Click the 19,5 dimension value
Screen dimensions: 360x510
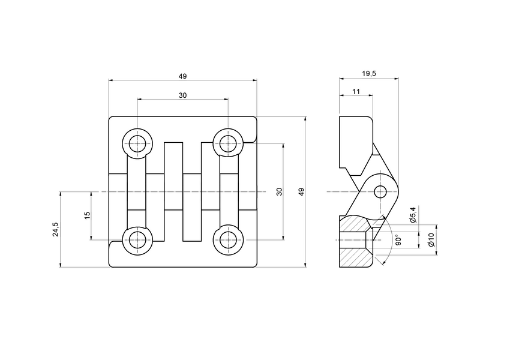(369, 73)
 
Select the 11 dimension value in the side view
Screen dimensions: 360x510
(356, 91)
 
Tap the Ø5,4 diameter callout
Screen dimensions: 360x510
(413, 215)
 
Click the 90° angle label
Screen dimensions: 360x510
(398, 240)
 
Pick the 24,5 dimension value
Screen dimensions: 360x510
(56, 229)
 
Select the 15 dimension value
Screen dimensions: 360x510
(87, 215)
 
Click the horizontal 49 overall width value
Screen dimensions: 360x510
(182, 76)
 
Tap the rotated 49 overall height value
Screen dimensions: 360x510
(301, 192)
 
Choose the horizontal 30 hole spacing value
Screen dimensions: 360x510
(182, 95)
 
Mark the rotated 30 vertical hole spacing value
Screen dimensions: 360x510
(279, 192)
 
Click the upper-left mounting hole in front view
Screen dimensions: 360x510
(137, 143)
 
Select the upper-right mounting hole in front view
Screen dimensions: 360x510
(227, 143)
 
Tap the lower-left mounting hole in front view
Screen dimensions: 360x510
(137, 239)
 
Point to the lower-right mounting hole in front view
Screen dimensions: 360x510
(227, 239)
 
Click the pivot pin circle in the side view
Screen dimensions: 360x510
(380, 191)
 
